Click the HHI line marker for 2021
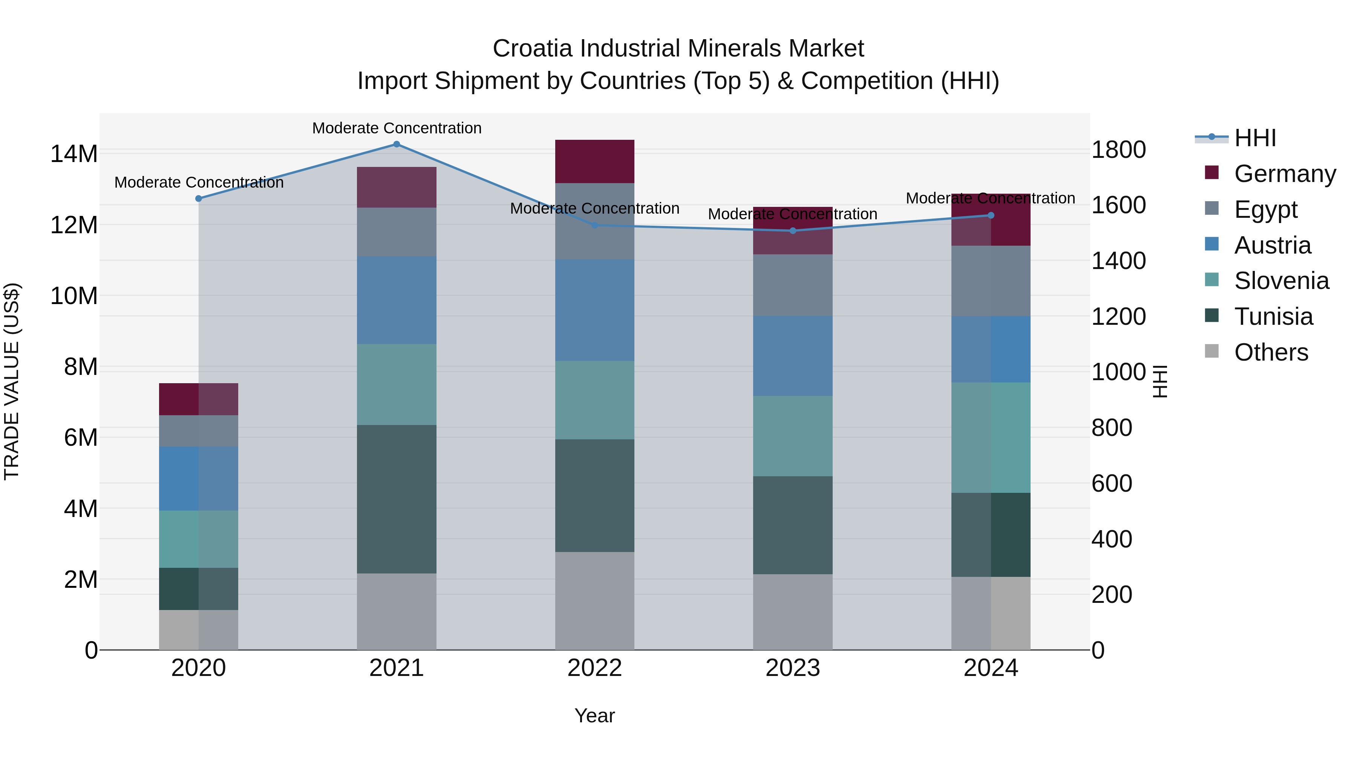(x=397, y=144)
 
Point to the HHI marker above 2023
(x=793, y=231)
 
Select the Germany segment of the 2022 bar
(x=595, y=162)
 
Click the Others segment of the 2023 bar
(x=793, y=612)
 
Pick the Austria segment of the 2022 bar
(x=595, y=310)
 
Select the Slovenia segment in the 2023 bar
(x=793, y=436)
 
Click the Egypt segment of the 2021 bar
(x=397, y=232)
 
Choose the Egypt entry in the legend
(x=1265, y=209)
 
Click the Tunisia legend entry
(x=1273, y=317)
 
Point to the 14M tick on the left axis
(x=74, y=154)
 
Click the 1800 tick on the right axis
(x=1118, y=150)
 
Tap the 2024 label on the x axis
(x=990, y=668)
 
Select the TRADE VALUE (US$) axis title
(x=12, y=381)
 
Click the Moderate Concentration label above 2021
(x=397, y=128)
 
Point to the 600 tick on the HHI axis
(x=1112, y=483)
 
